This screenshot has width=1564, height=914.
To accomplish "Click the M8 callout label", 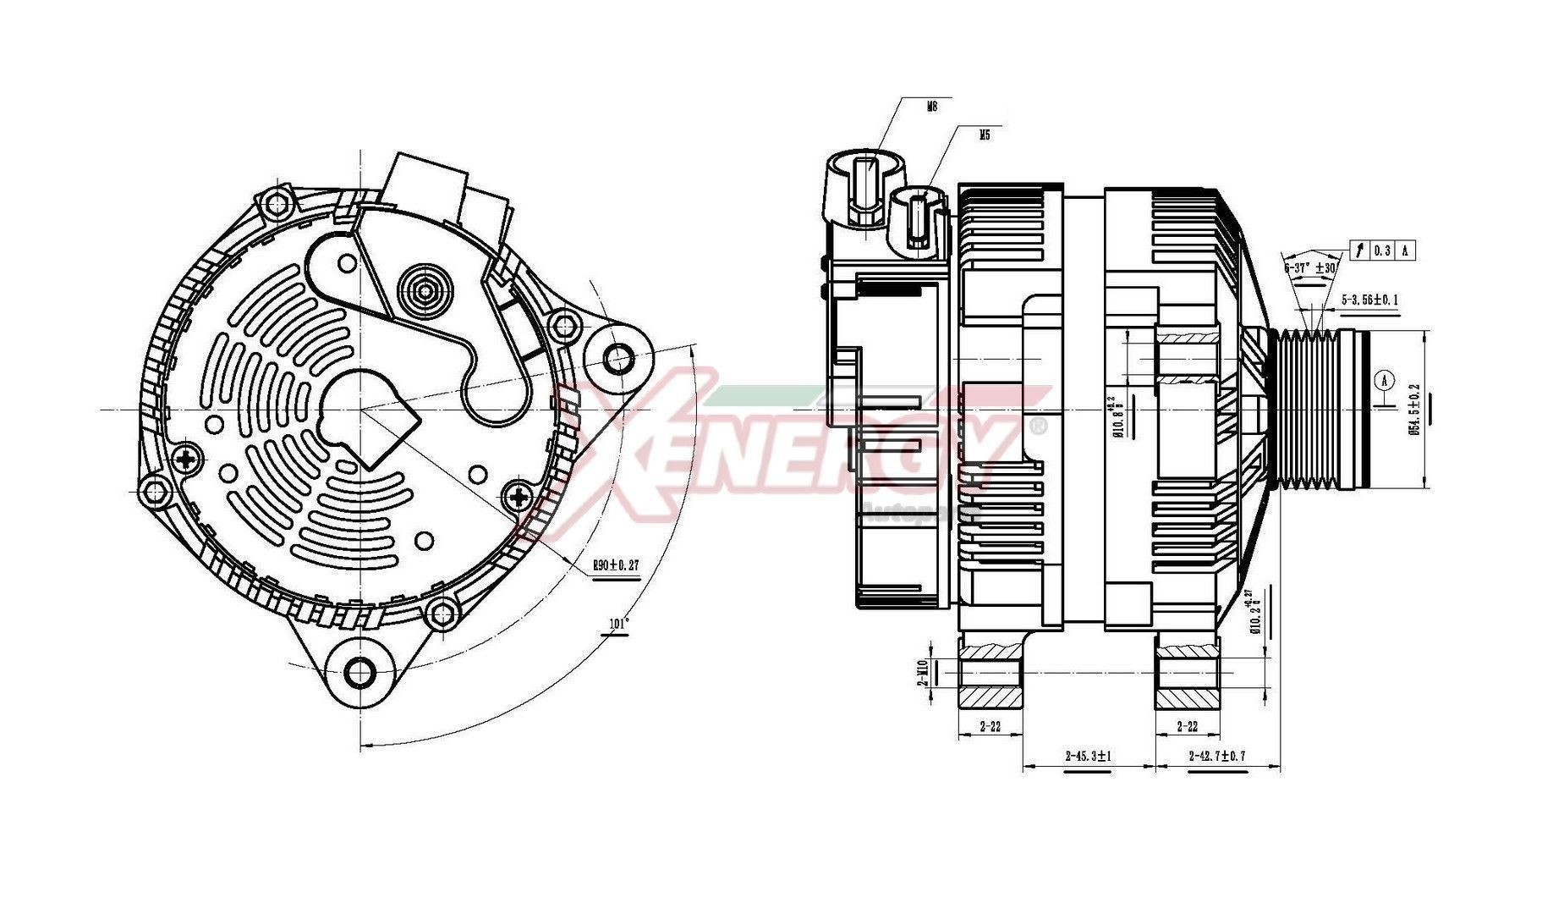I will (x=932, y=107).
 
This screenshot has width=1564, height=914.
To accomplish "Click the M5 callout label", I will (x=984, y=135).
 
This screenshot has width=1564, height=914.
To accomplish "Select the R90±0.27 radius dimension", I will (x=615, y=565).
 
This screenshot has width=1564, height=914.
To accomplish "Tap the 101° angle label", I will (x=619, y=625).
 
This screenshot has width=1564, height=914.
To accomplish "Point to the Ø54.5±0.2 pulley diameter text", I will (x=1413, y=410).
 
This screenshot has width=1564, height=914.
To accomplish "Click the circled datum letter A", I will (x=1384, y=380).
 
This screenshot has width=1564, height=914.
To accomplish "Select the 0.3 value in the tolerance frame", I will (x=1382, y=251).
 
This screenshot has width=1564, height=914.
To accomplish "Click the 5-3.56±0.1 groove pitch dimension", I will (x=1369, y=300).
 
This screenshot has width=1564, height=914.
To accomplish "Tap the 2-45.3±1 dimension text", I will (x=1088, y=756).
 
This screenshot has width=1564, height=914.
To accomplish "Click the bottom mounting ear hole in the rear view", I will (x=360, y=674).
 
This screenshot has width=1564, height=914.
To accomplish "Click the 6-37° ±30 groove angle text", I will (x=1309, y=267).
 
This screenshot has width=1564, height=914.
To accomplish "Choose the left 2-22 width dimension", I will (x=990, y=726).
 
